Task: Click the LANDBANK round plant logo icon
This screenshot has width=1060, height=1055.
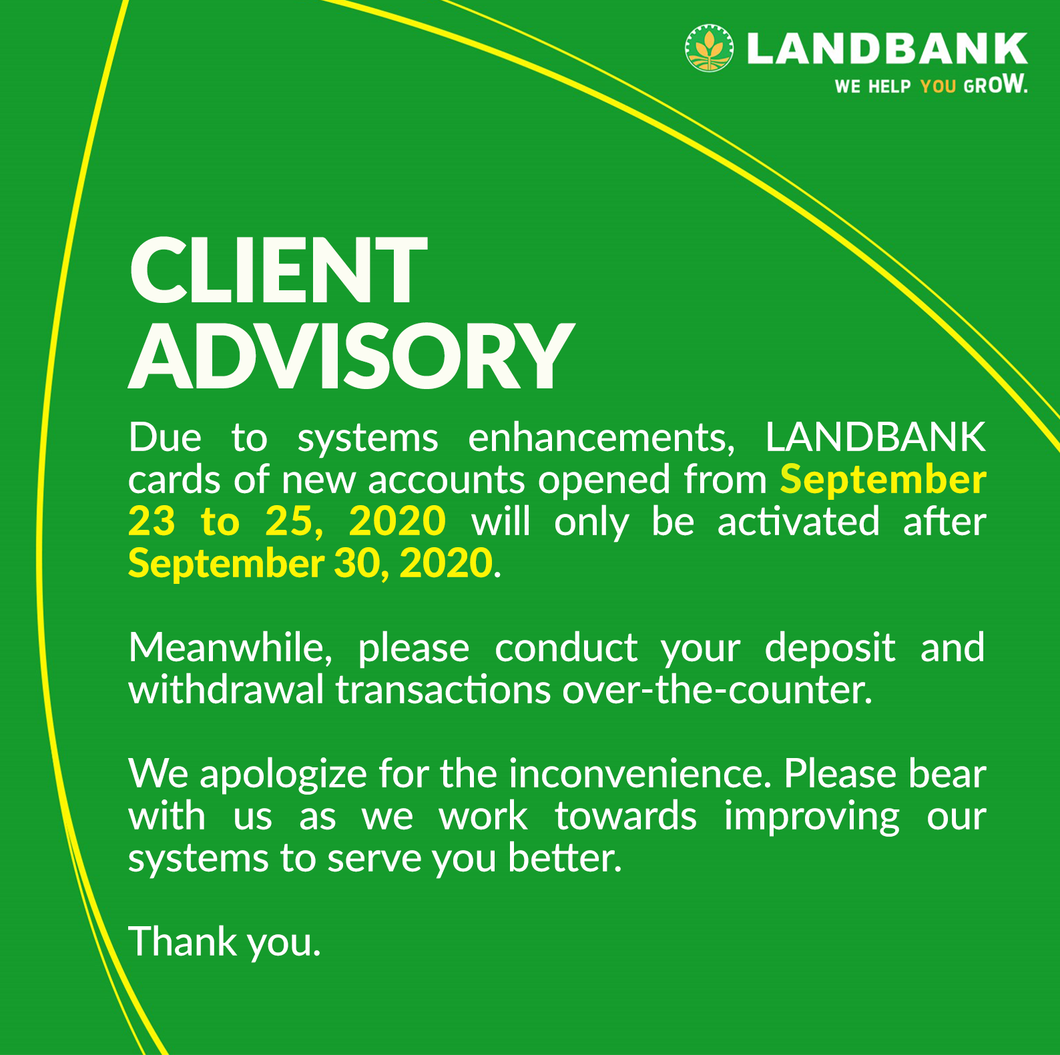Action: (x=709, y=48)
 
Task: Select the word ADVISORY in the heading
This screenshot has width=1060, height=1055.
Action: (x=351, y=356)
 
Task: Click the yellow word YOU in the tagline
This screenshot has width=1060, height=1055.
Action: (x=938, y=86)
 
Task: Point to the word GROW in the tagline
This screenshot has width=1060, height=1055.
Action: (x=995, y=85)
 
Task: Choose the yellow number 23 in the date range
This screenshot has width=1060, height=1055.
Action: (x=152, y=521)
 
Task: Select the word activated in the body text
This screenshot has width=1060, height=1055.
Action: (x=798, y=521)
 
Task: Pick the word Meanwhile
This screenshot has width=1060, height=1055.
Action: (x=230, y=647)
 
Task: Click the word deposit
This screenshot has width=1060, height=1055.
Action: (x=830, y=649)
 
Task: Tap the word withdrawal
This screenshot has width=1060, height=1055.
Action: (x=226, y=689)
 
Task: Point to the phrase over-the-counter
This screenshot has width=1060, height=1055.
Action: (x=717, y=689)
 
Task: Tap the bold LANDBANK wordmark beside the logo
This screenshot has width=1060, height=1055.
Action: (x=887, y=48)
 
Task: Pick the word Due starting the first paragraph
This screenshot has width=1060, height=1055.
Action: (x=165, y=438)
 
